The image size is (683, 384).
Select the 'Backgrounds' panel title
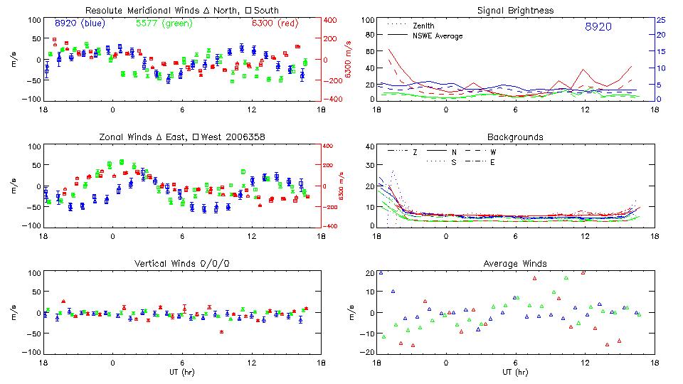(x=515, y=137)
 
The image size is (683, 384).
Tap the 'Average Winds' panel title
(x=515, y=263)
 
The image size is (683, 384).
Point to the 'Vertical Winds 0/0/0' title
(x=181, y=263)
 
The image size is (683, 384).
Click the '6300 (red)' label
(x=274, y=23)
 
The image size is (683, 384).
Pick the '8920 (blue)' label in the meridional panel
(x=80, y=23)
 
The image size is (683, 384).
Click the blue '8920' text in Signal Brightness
(x=598, y=26)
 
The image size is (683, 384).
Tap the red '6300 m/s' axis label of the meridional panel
(x=349, y=60)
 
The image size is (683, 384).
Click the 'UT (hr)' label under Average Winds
(x=515, y=372)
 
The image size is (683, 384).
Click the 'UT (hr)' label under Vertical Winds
(x=181, y=372)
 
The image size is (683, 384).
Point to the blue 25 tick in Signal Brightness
(x=660, y=20)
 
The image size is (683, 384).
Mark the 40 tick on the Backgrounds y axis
(x=369, y=147)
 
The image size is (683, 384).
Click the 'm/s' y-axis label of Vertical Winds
(x=14, y=314)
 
